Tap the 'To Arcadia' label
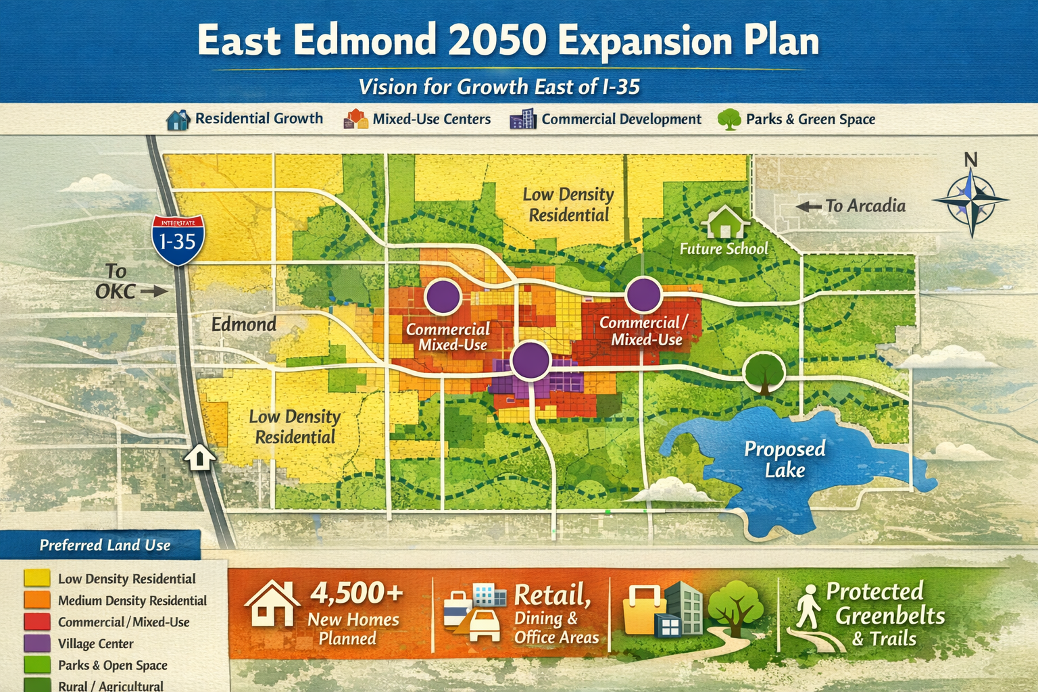tap(865, 205)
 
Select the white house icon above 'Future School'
tap(724, 222)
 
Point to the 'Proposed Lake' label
tap(785, 459)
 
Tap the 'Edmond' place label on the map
tap(244, 324)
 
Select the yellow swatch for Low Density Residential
tap(37, 578)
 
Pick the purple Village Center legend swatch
tap(37, 643)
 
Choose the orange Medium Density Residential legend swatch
tap(37, 600)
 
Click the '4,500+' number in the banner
tap(356, 593)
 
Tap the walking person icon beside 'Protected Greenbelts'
tap(807, 606)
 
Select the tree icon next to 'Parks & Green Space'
tap(729, 120)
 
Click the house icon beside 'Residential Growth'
tap(178, 120)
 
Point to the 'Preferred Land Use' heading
tap(105, 545)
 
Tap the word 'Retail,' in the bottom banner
tap(552, 595)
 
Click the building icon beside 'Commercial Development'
tap(522, 120)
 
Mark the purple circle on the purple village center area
tap(530, 360)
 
